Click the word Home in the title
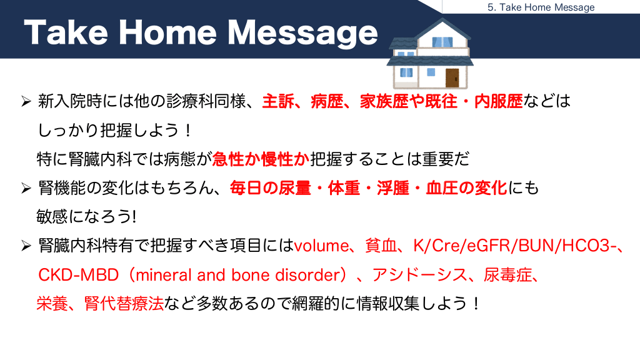click(167, 32)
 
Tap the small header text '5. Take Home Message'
click(541, 7)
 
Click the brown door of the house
click(452, 78)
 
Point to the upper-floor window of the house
click(442, 42)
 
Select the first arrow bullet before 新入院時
click(26, 101)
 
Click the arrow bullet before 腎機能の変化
click(26, 188)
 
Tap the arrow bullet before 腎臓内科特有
click(26, 246)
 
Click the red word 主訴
click(278, 101)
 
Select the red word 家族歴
click(384, 101)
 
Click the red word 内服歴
click(498, 101)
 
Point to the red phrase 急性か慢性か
click(261, 159)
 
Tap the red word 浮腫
click(392, 188)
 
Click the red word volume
click(321, 246)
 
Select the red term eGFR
click(488, 246)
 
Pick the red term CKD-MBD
click(78, 275)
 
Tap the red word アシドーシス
click(419, 275)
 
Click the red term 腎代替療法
click(124, 303)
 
